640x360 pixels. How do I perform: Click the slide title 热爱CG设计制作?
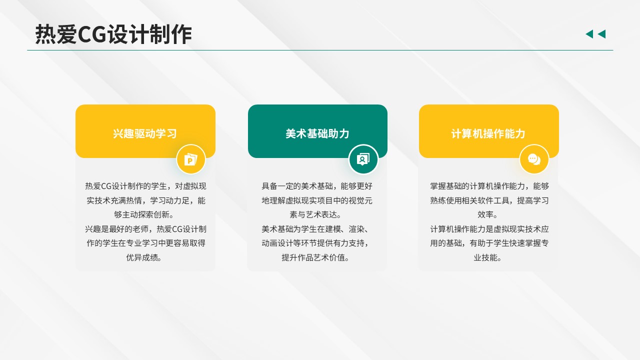pyautogui.click(x=113, y=34)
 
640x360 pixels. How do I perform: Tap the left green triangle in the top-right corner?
pyautogui.click(x=589, y=34)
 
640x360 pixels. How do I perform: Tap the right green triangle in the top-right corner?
pyautogui.click(x=601, y=34)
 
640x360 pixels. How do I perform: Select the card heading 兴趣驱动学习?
pyautogui.click(x=145, y=133)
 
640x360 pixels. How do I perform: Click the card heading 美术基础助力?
pyautogui.click(x=317, y=133)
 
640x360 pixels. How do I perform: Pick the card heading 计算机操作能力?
pyautogui.click(x=488, y=133)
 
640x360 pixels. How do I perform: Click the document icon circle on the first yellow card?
pyautogui.click(x=191, y=159)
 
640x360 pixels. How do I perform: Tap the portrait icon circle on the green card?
pyautogui.click(x=363, y=159)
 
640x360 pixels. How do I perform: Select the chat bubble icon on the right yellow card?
pyautogui.click(x=534, y=159)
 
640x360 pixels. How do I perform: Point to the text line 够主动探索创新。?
pyautogui.click(x=144, y=214)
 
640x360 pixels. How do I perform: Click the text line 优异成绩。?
pyautogui.click(x=144, y=257)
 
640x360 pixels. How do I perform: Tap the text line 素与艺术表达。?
pyautogui.click(x=315, y=214)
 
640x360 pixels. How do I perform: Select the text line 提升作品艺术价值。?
pyautogui.click(x=315, y=257)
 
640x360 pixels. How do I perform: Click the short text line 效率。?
pyautogui.click(x=487, y=214)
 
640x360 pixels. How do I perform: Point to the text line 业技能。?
pyautogui.click(x=487, y=257)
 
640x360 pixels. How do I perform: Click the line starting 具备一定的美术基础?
pyautogui.click(x=317, y=186)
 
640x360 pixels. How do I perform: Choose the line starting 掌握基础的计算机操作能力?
pyautogui.click(x=489, y=186)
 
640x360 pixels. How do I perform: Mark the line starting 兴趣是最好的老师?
pyautogui.click(x=145, y=229)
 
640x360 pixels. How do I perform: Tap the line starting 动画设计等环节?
pyautogui.click(x=315, y=243)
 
